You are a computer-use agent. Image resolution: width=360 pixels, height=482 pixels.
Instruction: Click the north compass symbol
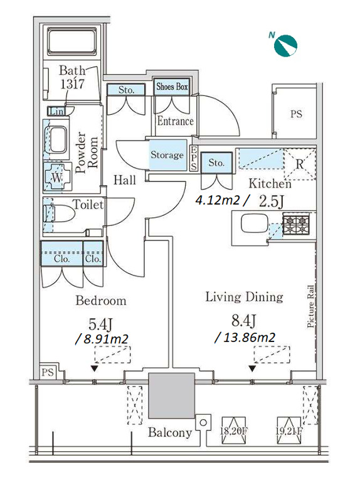click(285, 46)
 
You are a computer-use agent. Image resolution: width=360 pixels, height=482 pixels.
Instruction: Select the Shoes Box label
click(172, 87)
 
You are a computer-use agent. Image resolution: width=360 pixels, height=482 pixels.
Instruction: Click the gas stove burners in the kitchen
click(295, 225)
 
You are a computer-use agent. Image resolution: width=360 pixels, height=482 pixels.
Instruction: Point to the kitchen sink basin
click(255, 223)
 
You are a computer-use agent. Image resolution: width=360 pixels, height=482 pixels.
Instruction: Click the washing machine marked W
click(58, 178)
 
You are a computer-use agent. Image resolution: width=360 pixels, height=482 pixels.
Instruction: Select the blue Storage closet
click(167, 155)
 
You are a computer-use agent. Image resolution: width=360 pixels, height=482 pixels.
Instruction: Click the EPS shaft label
click(194, 158)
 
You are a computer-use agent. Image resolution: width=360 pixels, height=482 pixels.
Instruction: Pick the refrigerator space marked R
click(300, 164)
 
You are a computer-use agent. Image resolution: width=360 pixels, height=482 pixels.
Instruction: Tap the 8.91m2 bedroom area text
click(102, 339)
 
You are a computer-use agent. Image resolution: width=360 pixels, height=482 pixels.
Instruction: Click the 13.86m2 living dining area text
click(245, 338)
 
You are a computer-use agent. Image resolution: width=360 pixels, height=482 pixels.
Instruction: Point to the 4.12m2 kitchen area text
click(221, 201)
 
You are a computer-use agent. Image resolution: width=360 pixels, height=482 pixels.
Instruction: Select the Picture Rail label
click(310, 306)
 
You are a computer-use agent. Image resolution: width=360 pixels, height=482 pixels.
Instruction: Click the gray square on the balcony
click(171, 395)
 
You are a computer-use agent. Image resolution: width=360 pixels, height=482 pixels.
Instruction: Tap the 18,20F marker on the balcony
click(233, 431)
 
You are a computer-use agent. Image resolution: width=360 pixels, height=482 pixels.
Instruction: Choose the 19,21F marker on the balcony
click(289, 431)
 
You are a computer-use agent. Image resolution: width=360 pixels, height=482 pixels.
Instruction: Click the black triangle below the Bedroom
click(94, 368)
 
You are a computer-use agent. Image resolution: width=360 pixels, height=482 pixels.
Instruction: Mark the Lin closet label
click(57, 111)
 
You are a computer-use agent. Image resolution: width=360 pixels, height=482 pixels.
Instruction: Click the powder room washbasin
click(58, 139)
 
